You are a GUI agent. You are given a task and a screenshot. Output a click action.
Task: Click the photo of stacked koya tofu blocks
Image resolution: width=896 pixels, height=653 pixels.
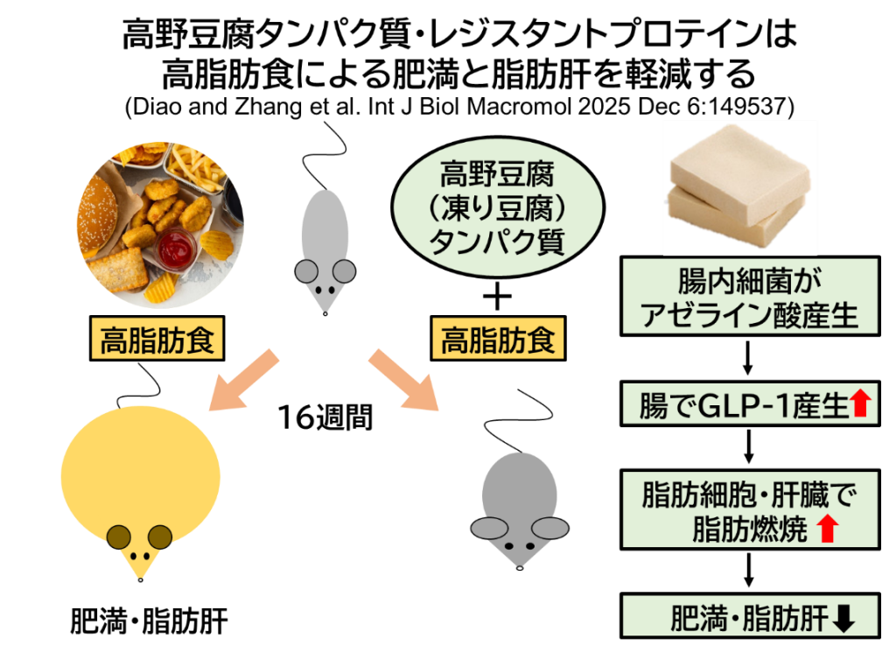[x=739, y=187]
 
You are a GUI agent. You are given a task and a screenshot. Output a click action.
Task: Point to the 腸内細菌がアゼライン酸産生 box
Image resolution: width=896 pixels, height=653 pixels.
[x=750, y=297]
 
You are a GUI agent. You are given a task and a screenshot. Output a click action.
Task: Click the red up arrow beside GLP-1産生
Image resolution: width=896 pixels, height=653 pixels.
[x=861, y=404]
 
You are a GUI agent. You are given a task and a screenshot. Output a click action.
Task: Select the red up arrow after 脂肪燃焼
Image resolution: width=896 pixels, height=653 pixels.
[x=828, y=529]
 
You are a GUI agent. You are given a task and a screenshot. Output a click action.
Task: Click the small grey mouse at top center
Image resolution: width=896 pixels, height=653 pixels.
[x=325, y=249]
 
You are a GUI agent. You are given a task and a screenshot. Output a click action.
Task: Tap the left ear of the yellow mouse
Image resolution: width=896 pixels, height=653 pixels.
[x=118, y=537]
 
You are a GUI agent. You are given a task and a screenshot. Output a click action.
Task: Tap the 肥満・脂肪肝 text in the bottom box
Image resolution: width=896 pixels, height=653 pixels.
[x=748, y=619]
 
